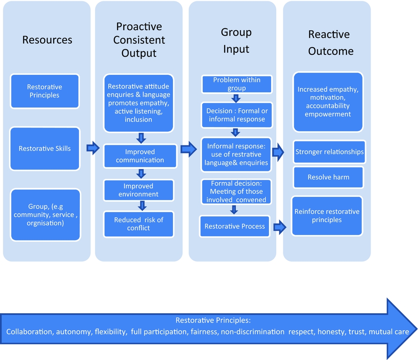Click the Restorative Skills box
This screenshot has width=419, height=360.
tap(45, 149)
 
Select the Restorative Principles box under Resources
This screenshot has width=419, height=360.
tap(45, 91)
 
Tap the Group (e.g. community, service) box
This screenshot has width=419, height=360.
tap(45, 215)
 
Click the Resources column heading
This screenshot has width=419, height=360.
tap(47, 40)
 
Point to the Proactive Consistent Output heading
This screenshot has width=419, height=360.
tap(139, 40)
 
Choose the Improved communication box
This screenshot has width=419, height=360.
tap(140, 156)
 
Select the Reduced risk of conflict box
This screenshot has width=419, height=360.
tap(139, 224)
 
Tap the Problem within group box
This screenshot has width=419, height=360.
tap(237, 84)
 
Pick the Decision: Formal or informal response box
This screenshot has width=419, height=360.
tap(237, 115)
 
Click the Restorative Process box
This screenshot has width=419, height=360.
tap(235, 227)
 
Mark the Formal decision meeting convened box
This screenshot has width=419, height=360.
tap(236, 192)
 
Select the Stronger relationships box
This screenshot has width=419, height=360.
tap(329, 152)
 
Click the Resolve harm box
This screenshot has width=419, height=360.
tap(328, 177)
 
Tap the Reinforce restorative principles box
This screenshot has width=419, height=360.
tap(327, 215)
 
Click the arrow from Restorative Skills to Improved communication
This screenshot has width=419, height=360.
tap(93, 148)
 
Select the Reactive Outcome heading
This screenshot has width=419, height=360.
tap(331, 43)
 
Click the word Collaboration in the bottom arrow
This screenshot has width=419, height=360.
tap(29, 332)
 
